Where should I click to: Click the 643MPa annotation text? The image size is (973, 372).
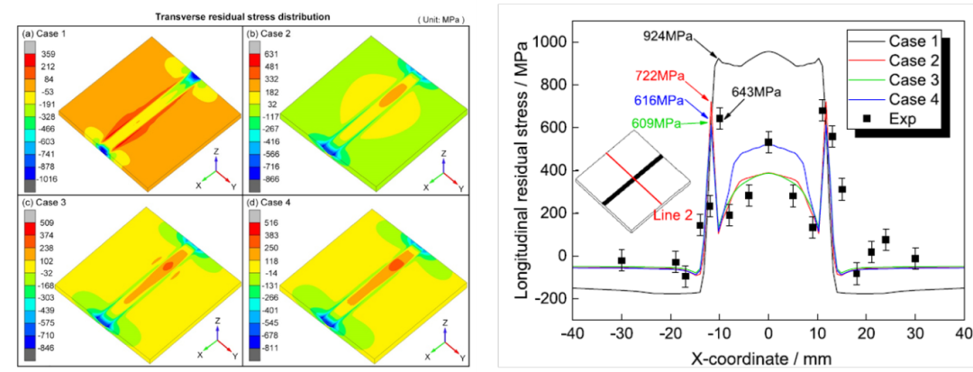click(x=758, y=92)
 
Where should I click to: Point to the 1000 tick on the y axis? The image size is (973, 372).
click(x=549, y=42)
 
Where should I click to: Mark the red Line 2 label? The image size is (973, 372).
click(x=675, y=215)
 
